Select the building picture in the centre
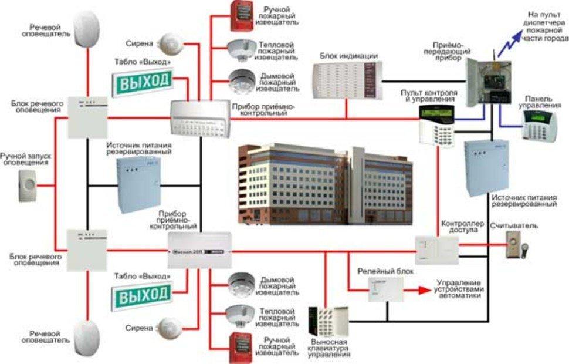326,183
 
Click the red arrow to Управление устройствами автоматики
419,289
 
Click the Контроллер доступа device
436,251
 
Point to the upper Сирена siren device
172,42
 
